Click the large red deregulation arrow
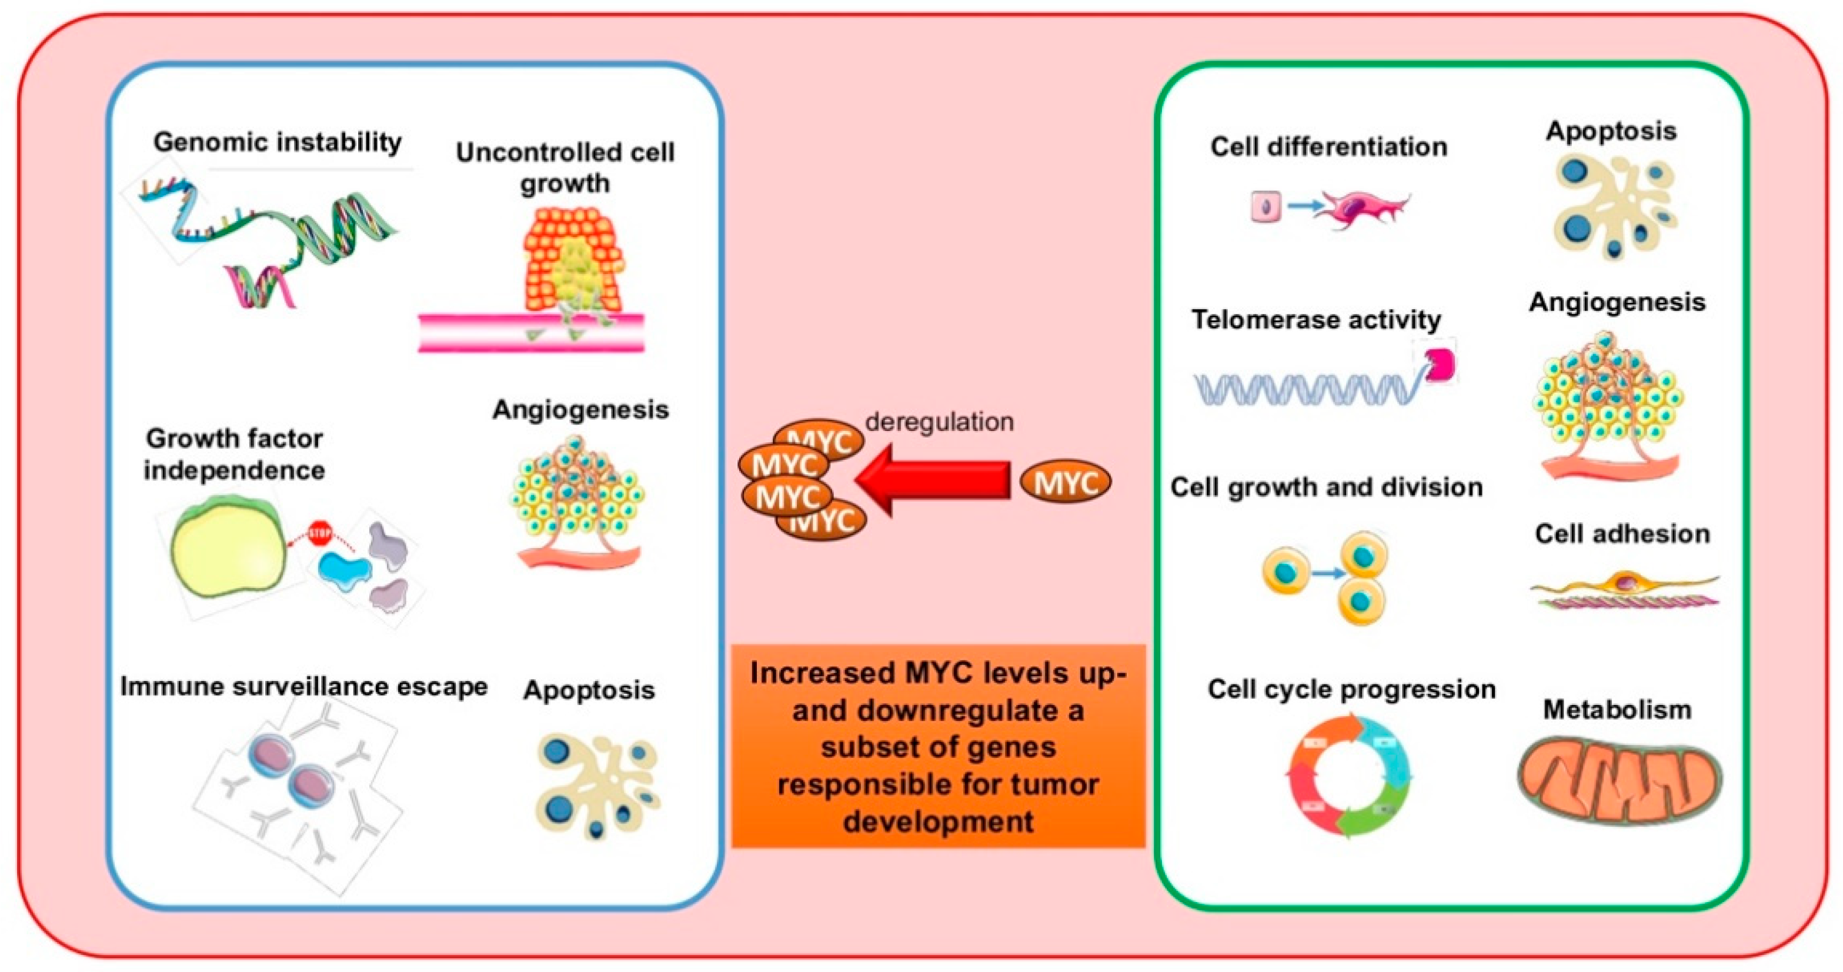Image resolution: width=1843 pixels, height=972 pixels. pyautogui.click(x=930, y=480)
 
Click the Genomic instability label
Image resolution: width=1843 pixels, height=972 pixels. pyautogui.click(x=278, y=142)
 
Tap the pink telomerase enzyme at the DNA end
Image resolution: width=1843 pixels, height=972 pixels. pyautogui.click(x=1440, y=364)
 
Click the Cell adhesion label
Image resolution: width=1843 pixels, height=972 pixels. pyautogui.click(x=1622, y=533)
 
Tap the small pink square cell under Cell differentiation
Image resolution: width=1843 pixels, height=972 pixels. pyautogui.click(x=1265, y=208)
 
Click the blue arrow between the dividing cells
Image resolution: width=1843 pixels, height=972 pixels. pyautogui.click(x=1328, y=573)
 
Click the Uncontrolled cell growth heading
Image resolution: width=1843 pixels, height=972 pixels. pyautogui.click(x=565, y=168)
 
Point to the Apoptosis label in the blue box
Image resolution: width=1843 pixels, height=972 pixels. pyautogui.click(x=589, y=690)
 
